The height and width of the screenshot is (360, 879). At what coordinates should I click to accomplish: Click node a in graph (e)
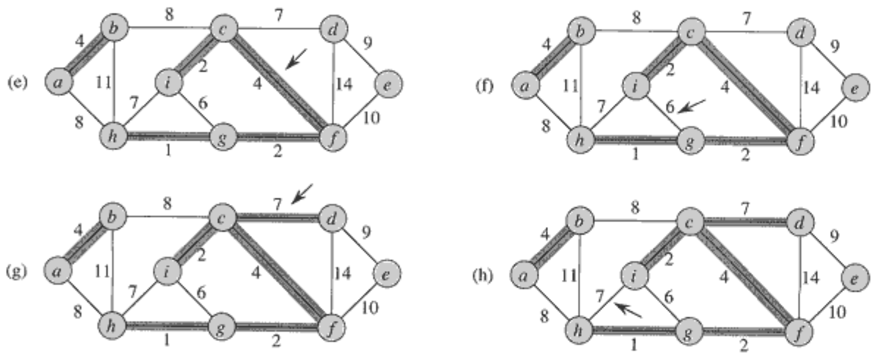58,82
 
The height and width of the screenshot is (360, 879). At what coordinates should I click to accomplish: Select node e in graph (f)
855,88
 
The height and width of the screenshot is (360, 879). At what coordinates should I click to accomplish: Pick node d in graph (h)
799,223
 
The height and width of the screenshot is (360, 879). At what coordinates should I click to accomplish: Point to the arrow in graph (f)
693,106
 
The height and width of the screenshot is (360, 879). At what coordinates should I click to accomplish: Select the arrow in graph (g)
301,194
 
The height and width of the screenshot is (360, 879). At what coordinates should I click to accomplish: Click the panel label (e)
17,82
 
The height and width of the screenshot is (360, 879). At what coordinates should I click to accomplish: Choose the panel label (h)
483,275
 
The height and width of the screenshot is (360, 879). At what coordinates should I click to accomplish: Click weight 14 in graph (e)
343,84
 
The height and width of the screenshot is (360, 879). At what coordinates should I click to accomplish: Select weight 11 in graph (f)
570,86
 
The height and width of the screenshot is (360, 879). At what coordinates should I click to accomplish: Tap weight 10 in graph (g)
370,308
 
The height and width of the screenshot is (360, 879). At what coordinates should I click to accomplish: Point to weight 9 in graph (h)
834,237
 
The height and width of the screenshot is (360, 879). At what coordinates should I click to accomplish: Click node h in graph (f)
580,139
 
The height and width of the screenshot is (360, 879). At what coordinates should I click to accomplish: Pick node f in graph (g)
332,328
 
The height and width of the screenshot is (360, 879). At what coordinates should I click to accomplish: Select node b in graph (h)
580,222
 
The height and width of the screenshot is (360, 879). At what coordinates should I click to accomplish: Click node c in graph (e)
223,29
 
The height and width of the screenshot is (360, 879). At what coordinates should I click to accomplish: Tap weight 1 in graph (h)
634,345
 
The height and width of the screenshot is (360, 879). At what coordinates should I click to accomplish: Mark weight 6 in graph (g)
201,292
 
